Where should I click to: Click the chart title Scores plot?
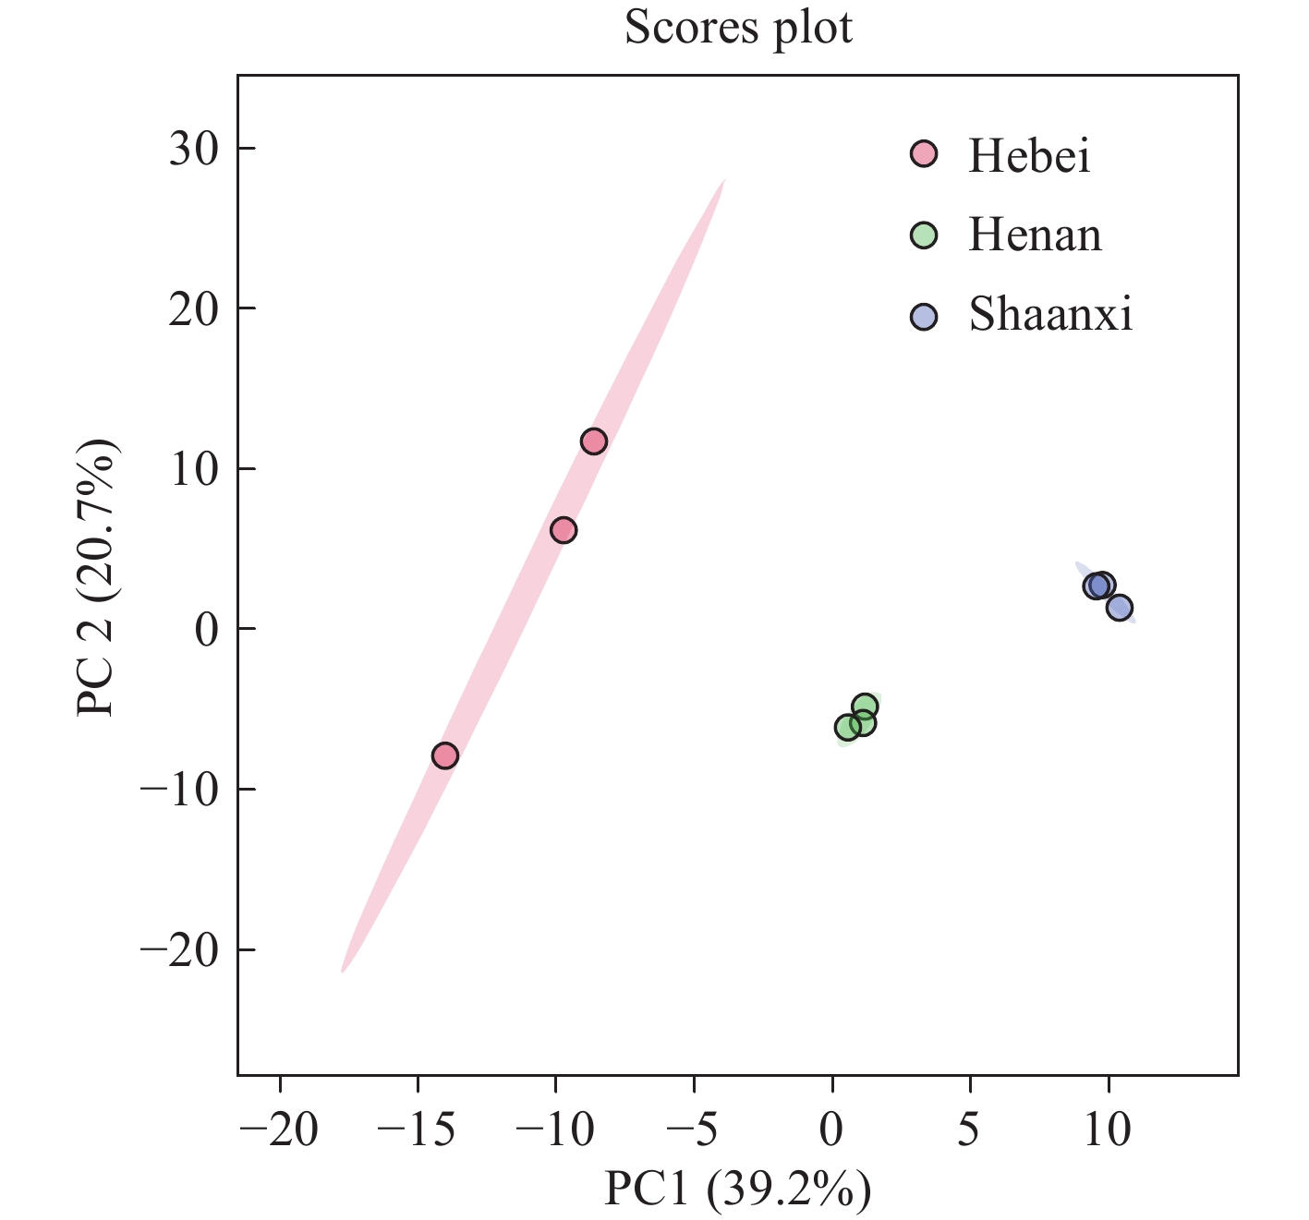(738, 28)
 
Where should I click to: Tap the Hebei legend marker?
(924, 154)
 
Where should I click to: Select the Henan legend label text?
(1035, 236)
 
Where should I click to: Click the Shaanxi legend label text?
(1050, 316)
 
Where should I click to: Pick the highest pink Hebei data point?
(594, 441)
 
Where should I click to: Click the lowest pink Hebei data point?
(445, 756)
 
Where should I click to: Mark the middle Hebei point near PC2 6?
(564, 530)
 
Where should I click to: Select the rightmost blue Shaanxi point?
(1120, 608)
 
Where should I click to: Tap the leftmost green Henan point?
(847, 728)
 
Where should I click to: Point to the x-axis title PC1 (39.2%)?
(737, 1190)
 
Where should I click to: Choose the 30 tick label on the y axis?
(193, 149)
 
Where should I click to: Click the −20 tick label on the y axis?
(179, 949)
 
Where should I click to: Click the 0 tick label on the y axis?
(206, 629)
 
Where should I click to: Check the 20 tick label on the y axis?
(193, 308)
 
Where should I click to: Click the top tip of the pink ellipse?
(723, 181)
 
